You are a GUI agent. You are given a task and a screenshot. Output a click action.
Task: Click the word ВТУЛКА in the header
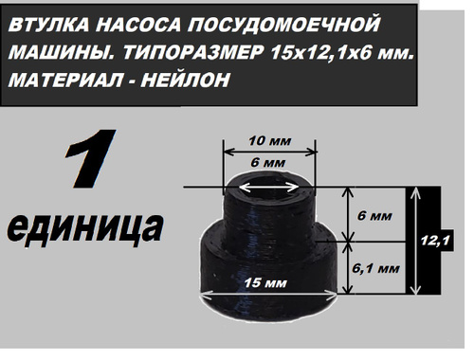[48, 25]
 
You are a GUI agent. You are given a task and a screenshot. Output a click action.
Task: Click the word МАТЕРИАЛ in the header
[65, 80]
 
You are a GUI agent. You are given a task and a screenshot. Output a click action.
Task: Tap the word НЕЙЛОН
[186, 80]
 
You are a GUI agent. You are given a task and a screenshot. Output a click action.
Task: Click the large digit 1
[91, 158]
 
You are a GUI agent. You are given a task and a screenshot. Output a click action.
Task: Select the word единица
[84, 227]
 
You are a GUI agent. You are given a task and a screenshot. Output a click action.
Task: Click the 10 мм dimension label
[269, 141]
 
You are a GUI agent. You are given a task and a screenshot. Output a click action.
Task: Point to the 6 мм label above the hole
[268, 163]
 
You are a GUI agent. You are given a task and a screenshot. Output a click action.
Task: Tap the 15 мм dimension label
[265, 282]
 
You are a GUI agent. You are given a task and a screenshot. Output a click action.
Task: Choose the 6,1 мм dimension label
[375, 269]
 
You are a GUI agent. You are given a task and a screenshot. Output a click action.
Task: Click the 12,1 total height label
[435, 241]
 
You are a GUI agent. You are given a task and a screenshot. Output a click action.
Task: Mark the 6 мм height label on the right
[374, 216]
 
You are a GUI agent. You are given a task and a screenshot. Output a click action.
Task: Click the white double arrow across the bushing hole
[268, 188]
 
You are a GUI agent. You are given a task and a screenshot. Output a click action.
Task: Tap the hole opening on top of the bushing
[268, 188]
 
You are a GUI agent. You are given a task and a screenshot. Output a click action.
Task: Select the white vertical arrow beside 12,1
[417, 241]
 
